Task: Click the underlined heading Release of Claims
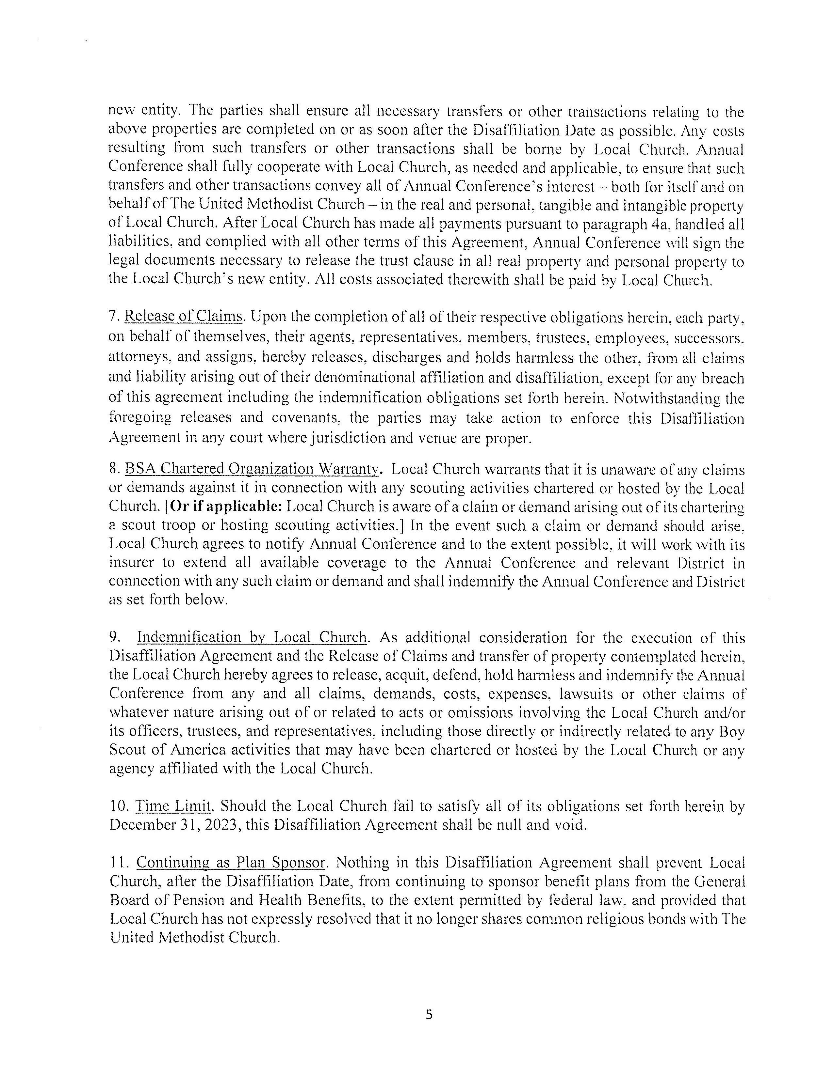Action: tap(183, 316)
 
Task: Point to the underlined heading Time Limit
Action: tap(173, 806)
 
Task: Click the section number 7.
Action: tap(113, 317)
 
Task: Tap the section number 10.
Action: tap(119, 806)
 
